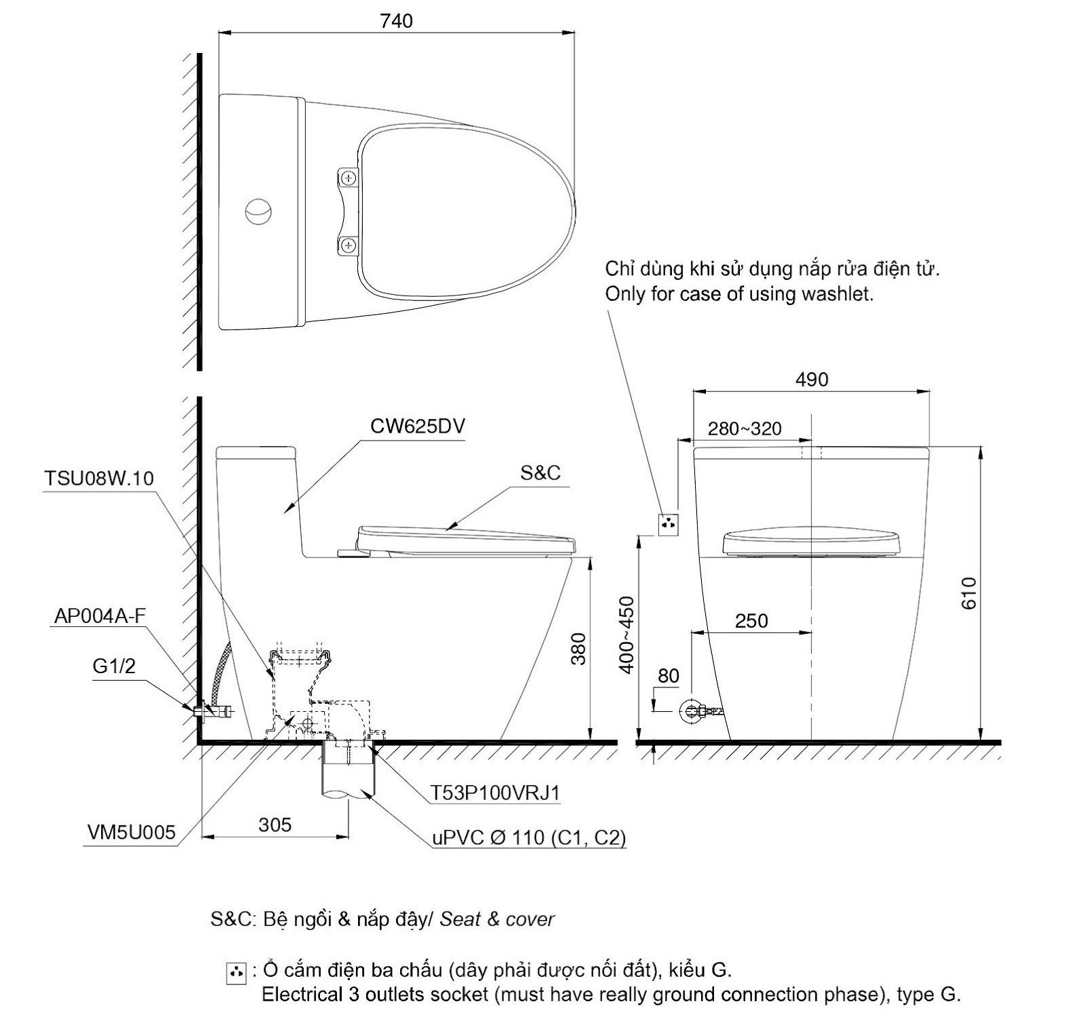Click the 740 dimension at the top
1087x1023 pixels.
click(396, 21)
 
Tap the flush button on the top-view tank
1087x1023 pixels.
click(258, 211)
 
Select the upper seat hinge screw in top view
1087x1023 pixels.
click(349, 178)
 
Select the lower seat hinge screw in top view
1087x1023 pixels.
click(349, 245)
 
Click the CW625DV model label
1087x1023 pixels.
click(418, 426)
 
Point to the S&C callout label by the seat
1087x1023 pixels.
click(541, 473)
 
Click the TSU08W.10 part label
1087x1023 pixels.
click(99, 478)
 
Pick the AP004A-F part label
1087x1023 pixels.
click(99, 615)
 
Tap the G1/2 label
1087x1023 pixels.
click(114, 666)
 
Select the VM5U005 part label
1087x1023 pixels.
click(132, 832)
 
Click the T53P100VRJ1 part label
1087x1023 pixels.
click(495, 793)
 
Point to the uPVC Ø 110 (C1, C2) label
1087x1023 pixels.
click(529, 838)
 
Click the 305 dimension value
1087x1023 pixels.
click(275, 825)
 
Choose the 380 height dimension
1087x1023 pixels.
click(578, 649)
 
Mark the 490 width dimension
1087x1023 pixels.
click(812, 379)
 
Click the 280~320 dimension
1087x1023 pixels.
click(745, 429)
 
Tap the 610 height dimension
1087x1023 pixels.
click(969, 593)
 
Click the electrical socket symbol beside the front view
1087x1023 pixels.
click(668, 524)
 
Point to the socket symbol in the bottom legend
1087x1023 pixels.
click(236, 973)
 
